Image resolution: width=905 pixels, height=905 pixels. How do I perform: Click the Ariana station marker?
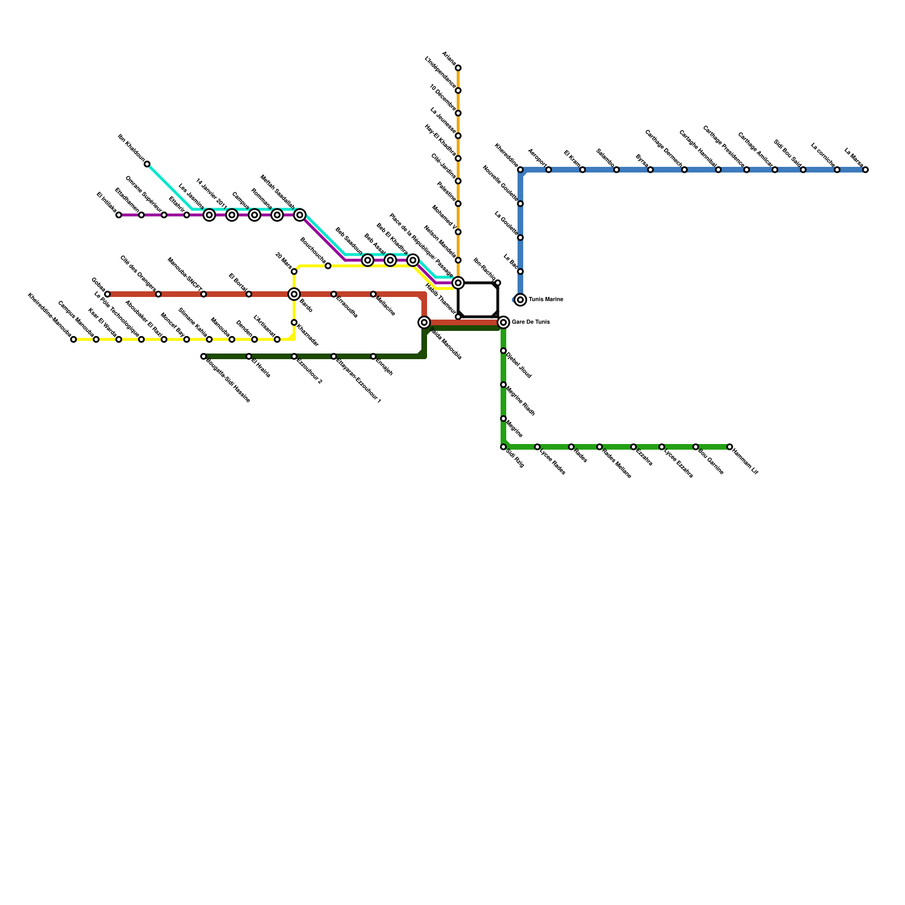(458, 68)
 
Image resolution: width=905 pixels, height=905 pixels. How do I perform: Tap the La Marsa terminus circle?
(865, 170)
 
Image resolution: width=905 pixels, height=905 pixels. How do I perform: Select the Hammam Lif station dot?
(730, 447)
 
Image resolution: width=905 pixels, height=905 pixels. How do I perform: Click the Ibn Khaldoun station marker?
(147, 164)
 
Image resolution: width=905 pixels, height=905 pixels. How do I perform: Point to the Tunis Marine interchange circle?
(520, 300)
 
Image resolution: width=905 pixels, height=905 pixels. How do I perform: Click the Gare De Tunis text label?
(531, 322)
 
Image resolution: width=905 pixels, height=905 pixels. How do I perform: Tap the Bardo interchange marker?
(294, 294)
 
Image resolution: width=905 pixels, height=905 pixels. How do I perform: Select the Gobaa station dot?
(107, 294)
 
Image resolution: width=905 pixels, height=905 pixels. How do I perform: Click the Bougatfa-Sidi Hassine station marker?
(204, 356)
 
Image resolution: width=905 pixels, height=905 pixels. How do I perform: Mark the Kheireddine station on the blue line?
(520, 170)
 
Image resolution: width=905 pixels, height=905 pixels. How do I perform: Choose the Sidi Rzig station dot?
(503, 447)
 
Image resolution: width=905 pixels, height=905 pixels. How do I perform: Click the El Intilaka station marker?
(119, 215)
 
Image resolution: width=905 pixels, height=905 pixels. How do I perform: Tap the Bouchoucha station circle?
(328, 266)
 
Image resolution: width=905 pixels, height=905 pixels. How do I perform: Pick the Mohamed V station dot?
(458, 232)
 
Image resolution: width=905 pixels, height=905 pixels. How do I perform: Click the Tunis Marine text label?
(546, 300)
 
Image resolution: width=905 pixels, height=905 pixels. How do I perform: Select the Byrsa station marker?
(650, 170)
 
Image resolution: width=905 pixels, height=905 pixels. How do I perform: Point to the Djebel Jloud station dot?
(503, 351)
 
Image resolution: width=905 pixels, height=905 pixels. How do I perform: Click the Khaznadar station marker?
(294, 322)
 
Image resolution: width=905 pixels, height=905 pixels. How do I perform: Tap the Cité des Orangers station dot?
(158, 294)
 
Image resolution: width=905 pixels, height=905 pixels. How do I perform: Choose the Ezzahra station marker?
(633, 447)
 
